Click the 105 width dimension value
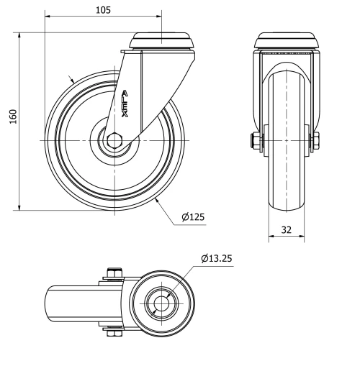(103, 9)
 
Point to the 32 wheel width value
(286, 231)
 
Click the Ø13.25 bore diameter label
(217, 258)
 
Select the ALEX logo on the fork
(125, 106)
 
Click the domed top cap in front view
(287, 40)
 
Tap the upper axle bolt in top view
(112, 273)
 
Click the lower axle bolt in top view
(112, 332)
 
